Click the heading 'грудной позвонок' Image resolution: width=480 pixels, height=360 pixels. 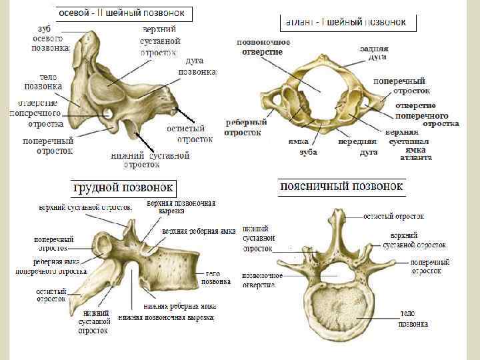124,187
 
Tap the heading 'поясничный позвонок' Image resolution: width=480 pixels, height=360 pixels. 342,186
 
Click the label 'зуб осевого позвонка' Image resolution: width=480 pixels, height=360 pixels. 51,39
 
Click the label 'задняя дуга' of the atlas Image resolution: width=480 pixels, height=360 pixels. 373,53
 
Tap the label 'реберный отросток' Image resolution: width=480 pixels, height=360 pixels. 246,127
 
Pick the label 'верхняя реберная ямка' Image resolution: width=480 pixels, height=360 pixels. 198,231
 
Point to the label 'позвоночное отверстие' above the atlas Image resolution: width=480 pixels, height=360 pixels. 264,47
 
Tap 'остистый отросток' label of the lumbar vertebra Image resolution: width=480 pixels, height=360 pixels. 393,216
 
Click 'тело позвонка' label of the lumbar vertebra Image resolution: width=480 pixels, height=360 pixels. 413,319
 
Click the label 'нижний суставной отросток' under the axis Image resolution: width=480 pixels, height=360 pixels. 150,159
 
